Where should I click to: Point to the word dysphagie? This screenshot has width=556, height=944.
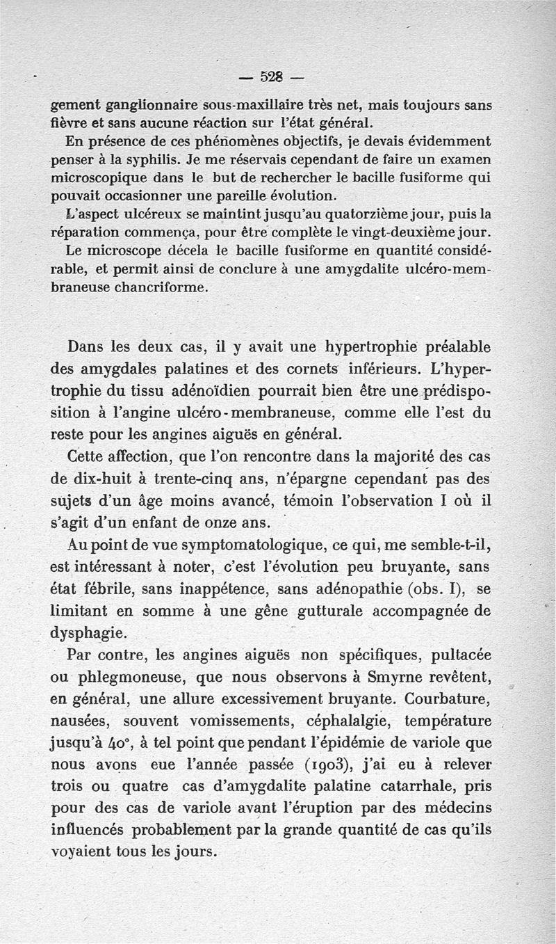click(90, 633)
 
